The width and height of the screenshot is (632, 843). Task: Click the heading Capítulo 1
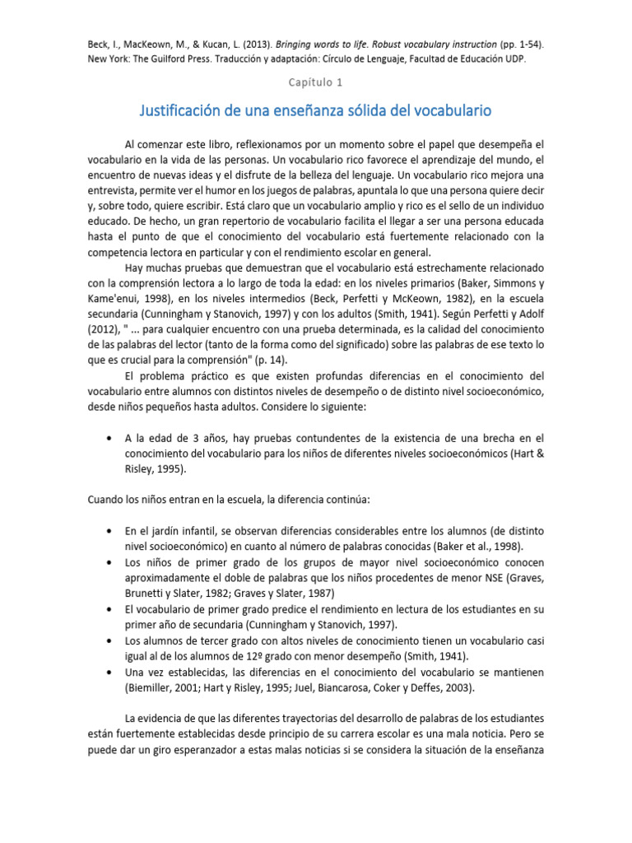coord(315,82)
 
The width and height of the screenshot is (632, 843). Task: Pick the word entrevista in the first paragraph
coord(113,189)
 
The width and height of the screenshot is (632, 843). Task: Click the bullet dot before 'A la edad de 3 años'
coord(109,439)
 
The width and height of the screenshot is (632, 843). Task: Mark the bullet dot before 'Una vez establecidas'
coord(109,672)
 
